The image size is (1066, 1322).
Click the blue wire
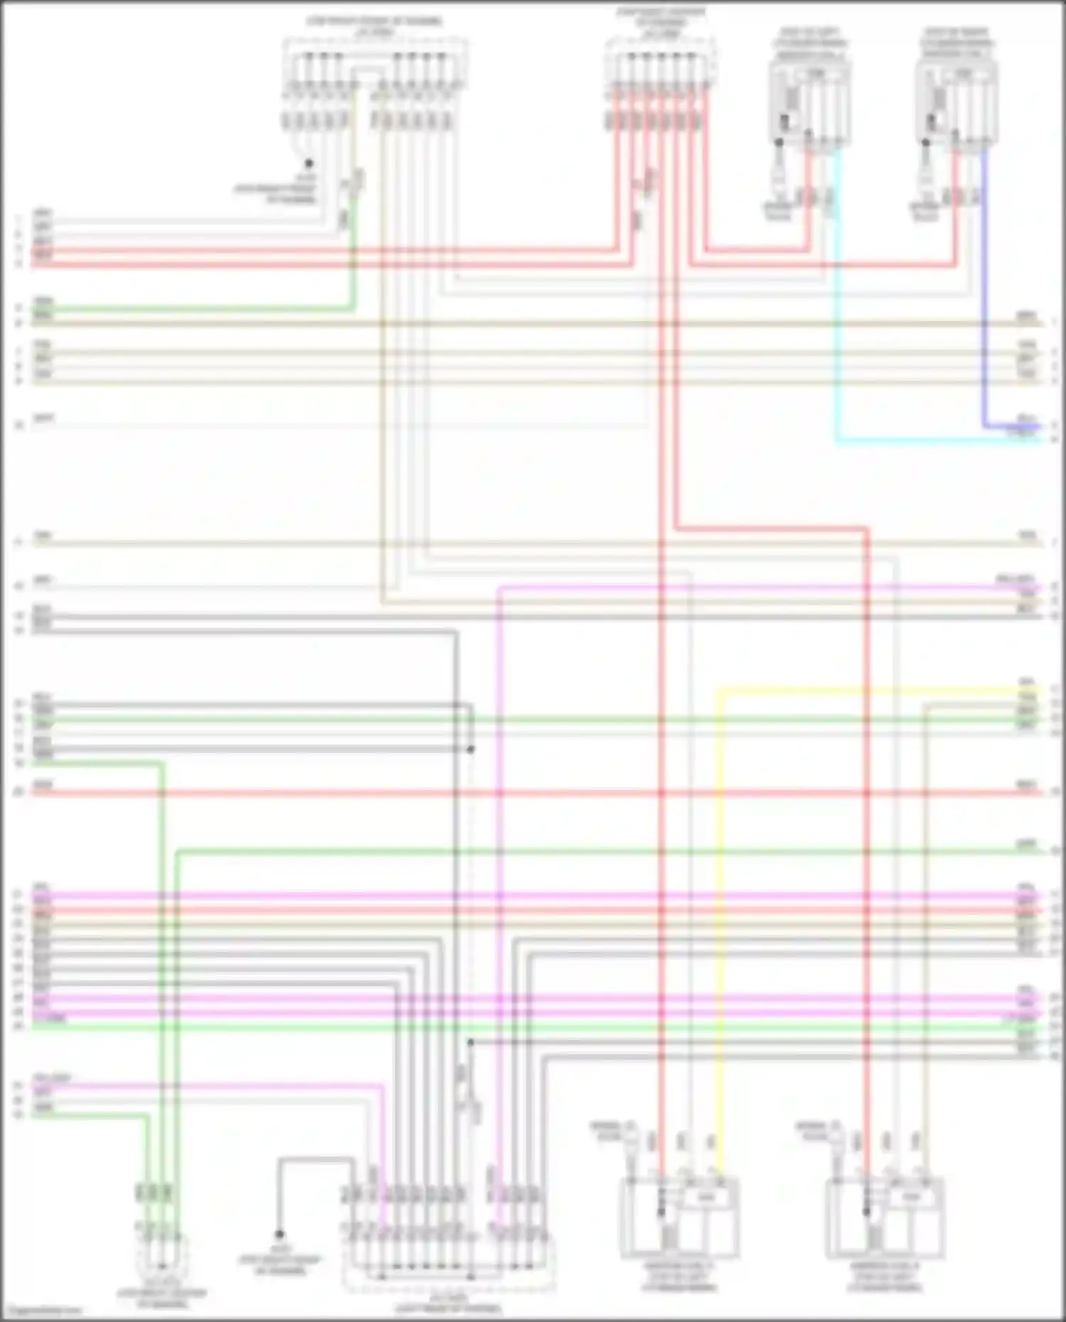(984, 298)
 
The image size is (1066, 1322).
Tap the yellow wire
(721, 923)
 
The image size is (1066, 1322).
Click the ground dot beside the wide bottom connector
(279, 1235)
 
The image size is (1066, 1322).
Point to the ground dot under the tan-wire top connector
(309, 163)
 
